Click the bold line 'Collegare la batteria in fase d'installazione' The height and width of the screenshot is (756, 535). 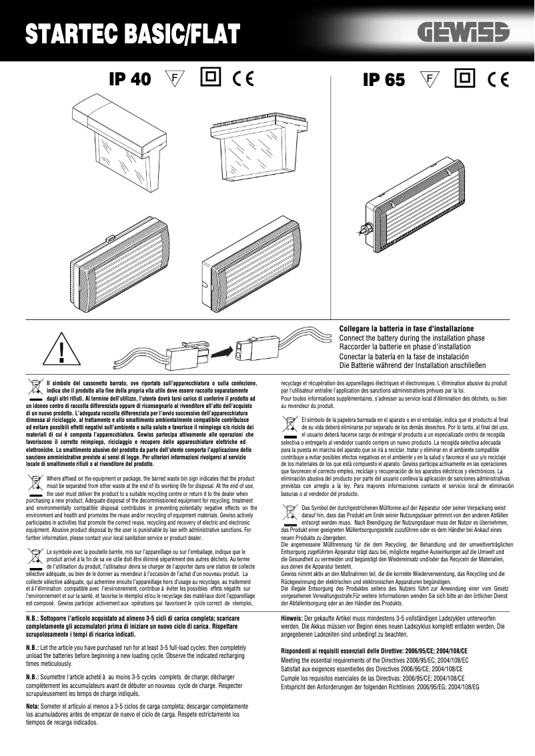406,329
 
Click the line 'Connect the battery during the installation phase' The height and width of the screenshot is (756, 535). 412,339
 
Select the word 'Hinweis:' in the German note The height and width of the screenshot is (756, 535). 292,619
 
